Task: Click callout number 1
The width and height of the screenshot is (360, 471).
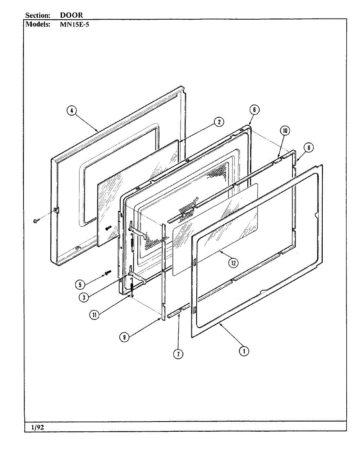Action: (x=244, y=351)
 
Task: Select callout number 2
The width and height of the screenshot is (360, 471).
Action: (x=219, y=122)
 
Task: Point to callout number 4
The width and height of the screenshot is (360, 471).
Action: (x=71, y=111)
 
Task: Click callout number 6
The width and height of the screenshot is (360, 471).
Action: (x=254, y=110)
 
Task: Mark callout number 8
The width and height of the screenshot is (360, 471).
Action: (x=309, y=148)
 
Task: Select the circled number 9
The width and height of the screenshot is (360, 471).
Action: (x=124, y=337)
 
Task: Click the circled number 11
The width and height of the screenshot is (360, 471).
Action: (x=94, y=314)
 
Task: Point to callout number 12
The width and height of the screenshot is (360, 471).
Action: (x=233, y=263)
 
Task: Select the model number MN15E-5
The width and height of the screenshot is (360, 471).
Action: (x=75, y=24)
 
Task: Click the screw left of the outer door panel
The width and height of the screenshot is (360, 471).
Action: (x=36, y=221)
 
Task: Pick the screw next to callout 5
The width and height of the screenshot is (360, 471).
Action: (x=107, y=272)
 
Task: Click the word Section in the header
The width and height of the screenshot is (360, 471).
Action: (x=38, y=15)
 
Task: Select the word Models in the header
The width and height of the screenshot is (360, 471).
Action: (x=38, y=24)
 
